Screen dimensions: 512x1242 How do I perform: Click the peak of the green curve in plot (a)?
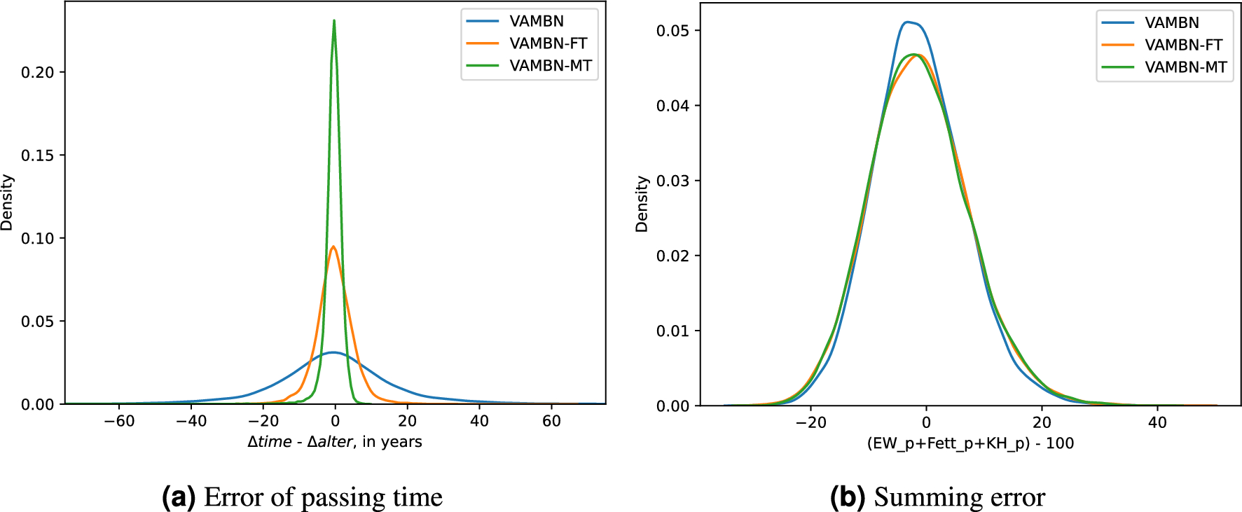334,21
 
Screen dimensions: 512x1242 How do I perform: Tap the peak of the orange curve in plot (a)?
333,247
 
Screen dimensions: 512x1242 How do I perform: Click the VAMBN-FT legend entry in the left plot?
548,43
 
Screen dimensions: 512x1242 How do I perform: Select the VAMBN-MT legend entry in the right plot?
1185,67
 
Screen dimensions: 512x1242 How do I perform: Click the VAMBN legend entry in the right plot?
1171,23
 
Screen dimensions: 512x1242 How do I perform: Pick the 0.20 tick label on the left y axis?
37,72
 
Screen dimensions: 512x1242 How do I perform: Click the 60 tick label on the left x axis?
551,421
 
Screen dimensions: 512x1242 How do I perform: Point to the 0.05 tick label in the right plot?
672,31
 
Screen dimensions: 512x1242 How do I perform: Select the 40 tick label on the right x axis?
1157,422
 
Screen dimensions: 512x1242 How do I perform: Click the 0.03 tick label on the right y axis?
672,181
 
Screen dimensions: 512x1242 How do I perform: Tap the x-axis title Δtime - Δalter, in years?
334,442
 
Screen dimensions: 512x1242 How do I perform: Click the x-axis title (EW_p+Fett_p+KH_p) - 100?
970,443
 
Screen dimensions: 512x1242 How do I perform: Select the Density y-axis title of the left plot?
7,202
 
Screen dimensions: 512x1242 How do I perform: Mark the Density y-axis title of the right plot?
642,204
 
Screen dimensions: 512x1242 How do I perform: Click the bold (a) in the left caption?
178,497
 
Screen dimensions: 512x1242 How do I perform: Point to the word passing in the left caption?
343,497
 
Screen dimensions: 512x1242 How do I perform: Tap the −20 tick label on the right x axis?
810,422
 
